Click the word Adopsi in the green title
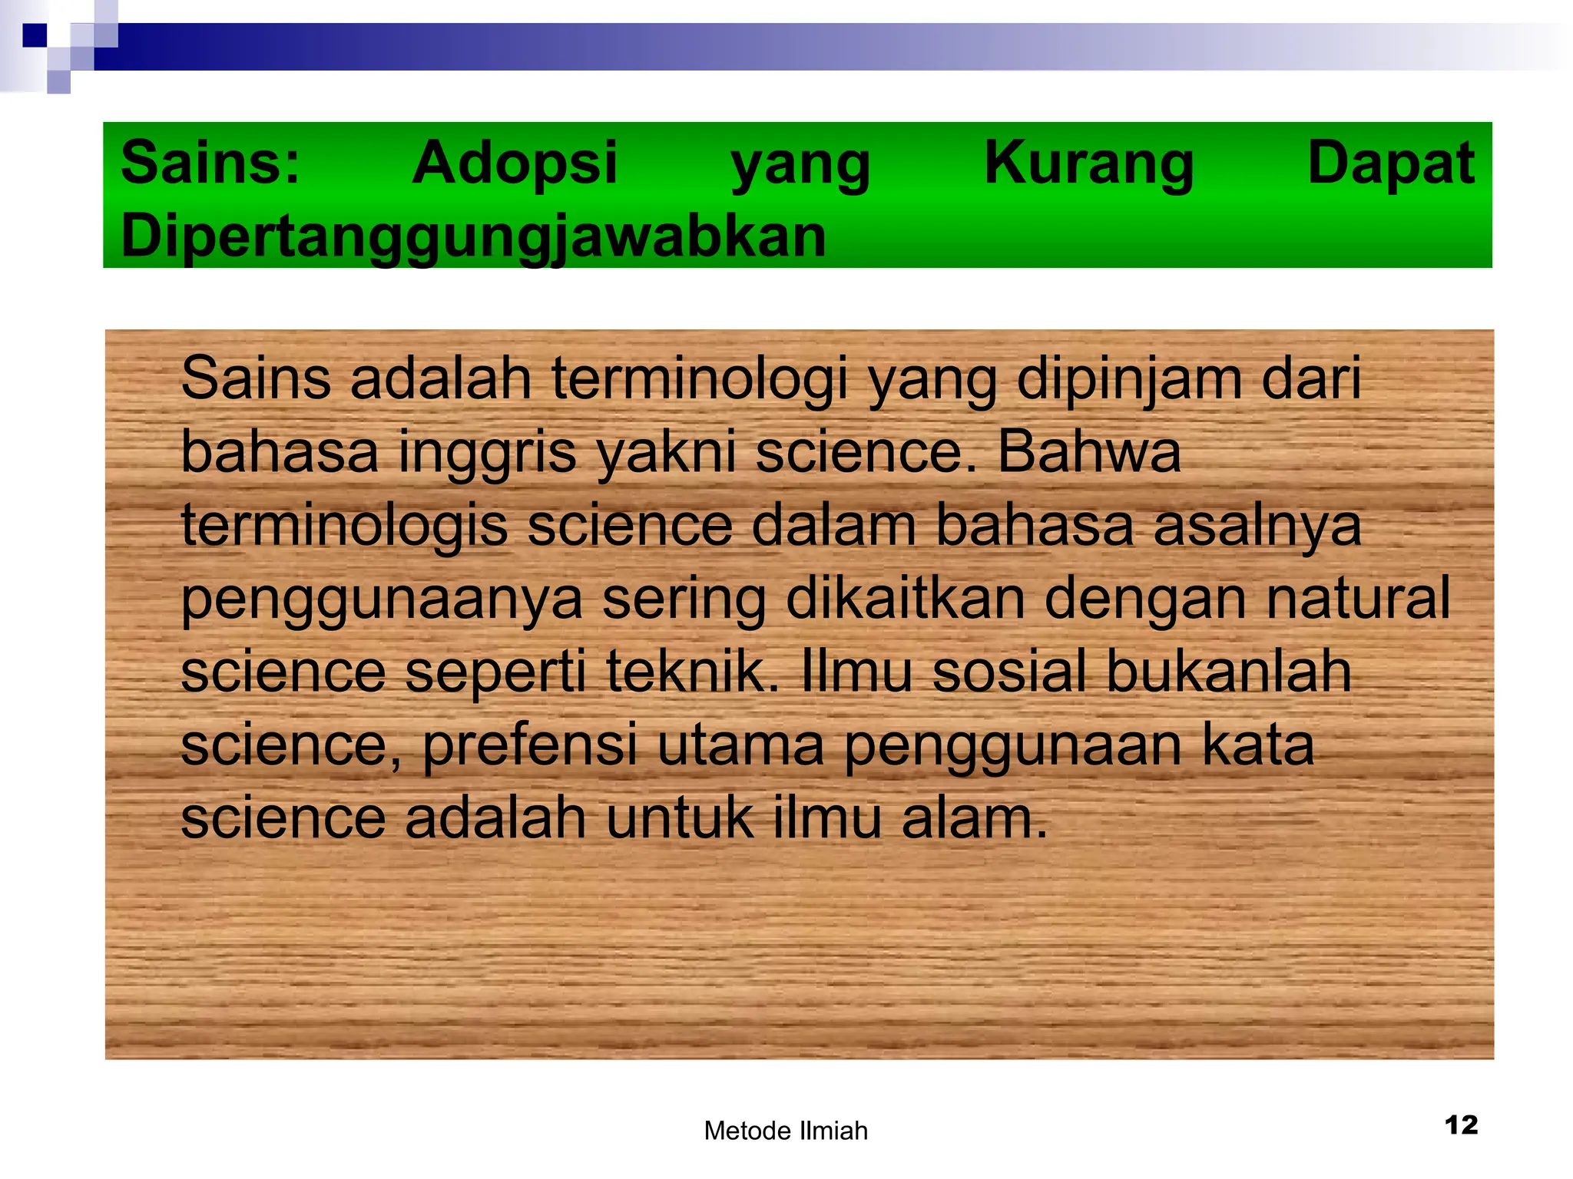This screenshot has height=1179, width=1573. click(515, 163)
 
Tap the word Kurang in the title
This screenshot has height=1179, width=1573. click(1088, 163)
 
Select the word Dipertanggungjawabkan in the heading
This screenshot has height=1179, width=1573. click(473, 236)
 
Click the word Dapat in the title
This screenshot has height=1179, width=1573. click(1391, 163)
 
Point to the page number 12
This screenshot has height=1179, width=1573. click(1461, 1125)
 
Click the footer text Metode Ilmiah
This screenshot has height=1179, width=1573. click(786, 1131)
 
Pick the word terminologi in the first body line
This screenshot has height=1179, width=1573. click(700, 379)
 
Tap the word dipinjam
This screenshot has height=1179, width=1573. click(1129, 379)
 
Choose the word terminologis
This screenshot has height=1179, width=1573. click(344, 527)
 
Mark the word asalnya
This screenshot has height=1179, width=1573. click(1257, 527)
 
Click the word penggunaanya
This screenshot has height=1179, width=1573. click(382, 600)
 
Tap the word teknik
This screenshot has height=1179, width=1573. click(687, 671)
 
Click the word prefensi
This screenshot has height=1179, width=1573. click(530, 745)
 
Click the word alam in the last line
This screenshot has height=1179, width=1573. click(974, 817)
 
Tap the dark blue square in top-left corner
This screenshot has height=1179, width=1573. click(35, 35)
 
